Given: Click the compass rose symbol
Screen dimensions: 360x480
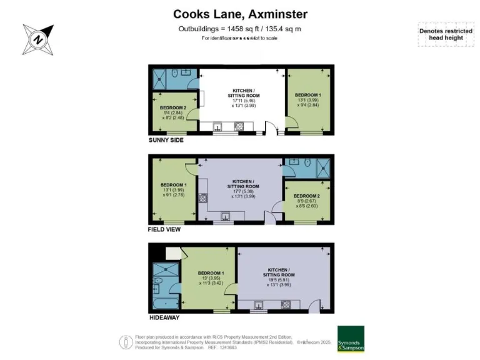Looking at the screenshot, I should pos(38,39).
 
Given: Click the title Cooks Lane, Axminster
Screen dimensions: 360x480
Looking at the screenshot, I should pos(240,14).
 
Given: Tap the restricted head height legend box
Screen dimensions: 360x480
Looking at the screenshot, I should pos(446,34).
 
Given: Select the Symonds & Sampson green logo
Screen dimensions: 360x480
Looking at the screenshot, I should pos(351,339).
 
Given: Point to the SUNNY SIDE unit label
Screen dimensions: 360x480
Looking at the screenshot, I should pos(166,140).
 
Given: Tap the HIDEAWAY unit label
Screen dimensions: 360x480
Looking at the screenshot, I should pos(164,317).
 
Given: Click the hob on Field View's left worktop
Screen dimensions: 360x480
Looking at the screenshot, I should pos(203,199).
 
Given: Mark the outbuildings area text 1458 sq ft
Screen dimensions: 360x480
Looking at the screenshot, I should pos(240,29).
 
